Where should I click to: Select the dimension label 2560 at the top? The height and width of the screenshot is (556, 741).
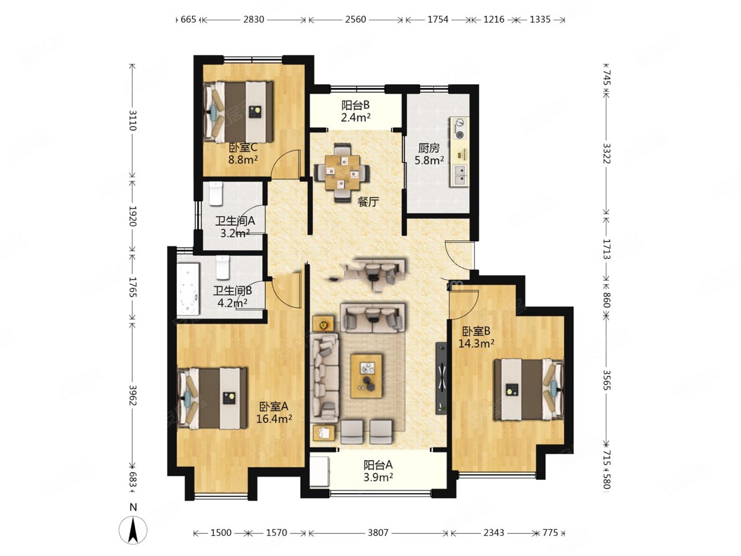[x=355, y=19]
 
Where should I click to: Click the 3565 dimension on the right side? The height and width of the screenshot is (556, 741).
[x=606, y=379]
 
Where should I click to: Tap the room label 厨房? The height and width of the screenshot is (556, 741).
[x=429, y=148]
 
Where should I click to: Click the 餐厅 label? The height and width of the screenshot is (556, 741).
[x=369, y=202]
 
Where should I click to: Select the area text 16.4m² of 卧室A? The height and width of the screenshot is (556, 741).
[x=274, y=419]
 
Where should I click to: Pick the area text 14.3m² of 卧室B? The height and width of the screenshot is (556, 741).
[x=476, y=343]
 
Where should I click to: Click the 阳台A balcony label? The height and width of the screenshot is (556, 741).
[x=378, y=465]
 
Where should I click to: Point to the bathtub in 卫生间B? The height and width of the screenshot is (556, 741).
[x=188, y=289]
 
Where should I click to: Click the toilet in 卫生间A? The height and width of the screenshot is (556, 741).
[x=216, y=193]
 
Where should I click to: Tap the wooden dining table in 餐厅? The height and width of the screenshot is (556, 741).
[x=342, y=172]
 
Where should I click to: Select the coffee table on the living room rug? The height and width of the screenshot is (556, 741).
[x=366, y=376]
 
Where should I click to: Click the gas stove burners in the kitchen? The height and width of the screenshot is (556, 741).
[x=459, y=128]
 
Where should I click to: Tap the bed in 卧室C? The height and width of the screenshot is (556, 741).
[x=238, y=112]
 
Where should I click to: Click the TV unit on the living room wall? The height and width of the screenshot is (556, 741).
[x=441, y=378]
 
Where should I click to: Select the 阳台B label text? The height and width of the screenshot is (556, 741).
[x=355, y=105]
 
